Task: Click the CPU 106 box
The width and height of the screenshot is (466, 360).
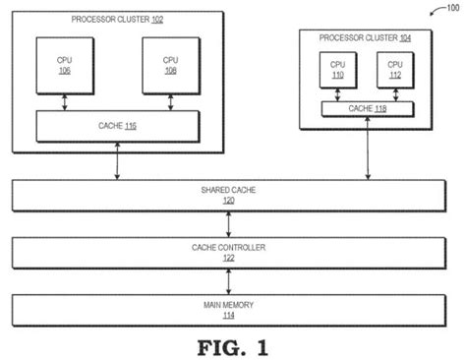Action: click(x=65, y=64)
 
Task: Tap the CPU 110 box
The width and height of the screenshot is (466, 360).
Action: click(x=338, y=70)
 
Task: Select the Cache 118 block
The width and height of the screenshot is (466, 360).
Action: click(x=368, y=109)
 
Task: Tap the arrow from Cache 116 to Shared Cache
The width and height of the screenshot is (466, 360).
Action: click(x=118, y=161)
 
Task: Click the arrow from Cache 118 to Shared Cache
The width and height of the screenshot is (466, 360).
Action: click(x=368, y=148)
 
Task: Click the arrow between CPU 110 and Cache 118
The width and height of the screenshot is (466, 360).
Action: click(x=338, y=95)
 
